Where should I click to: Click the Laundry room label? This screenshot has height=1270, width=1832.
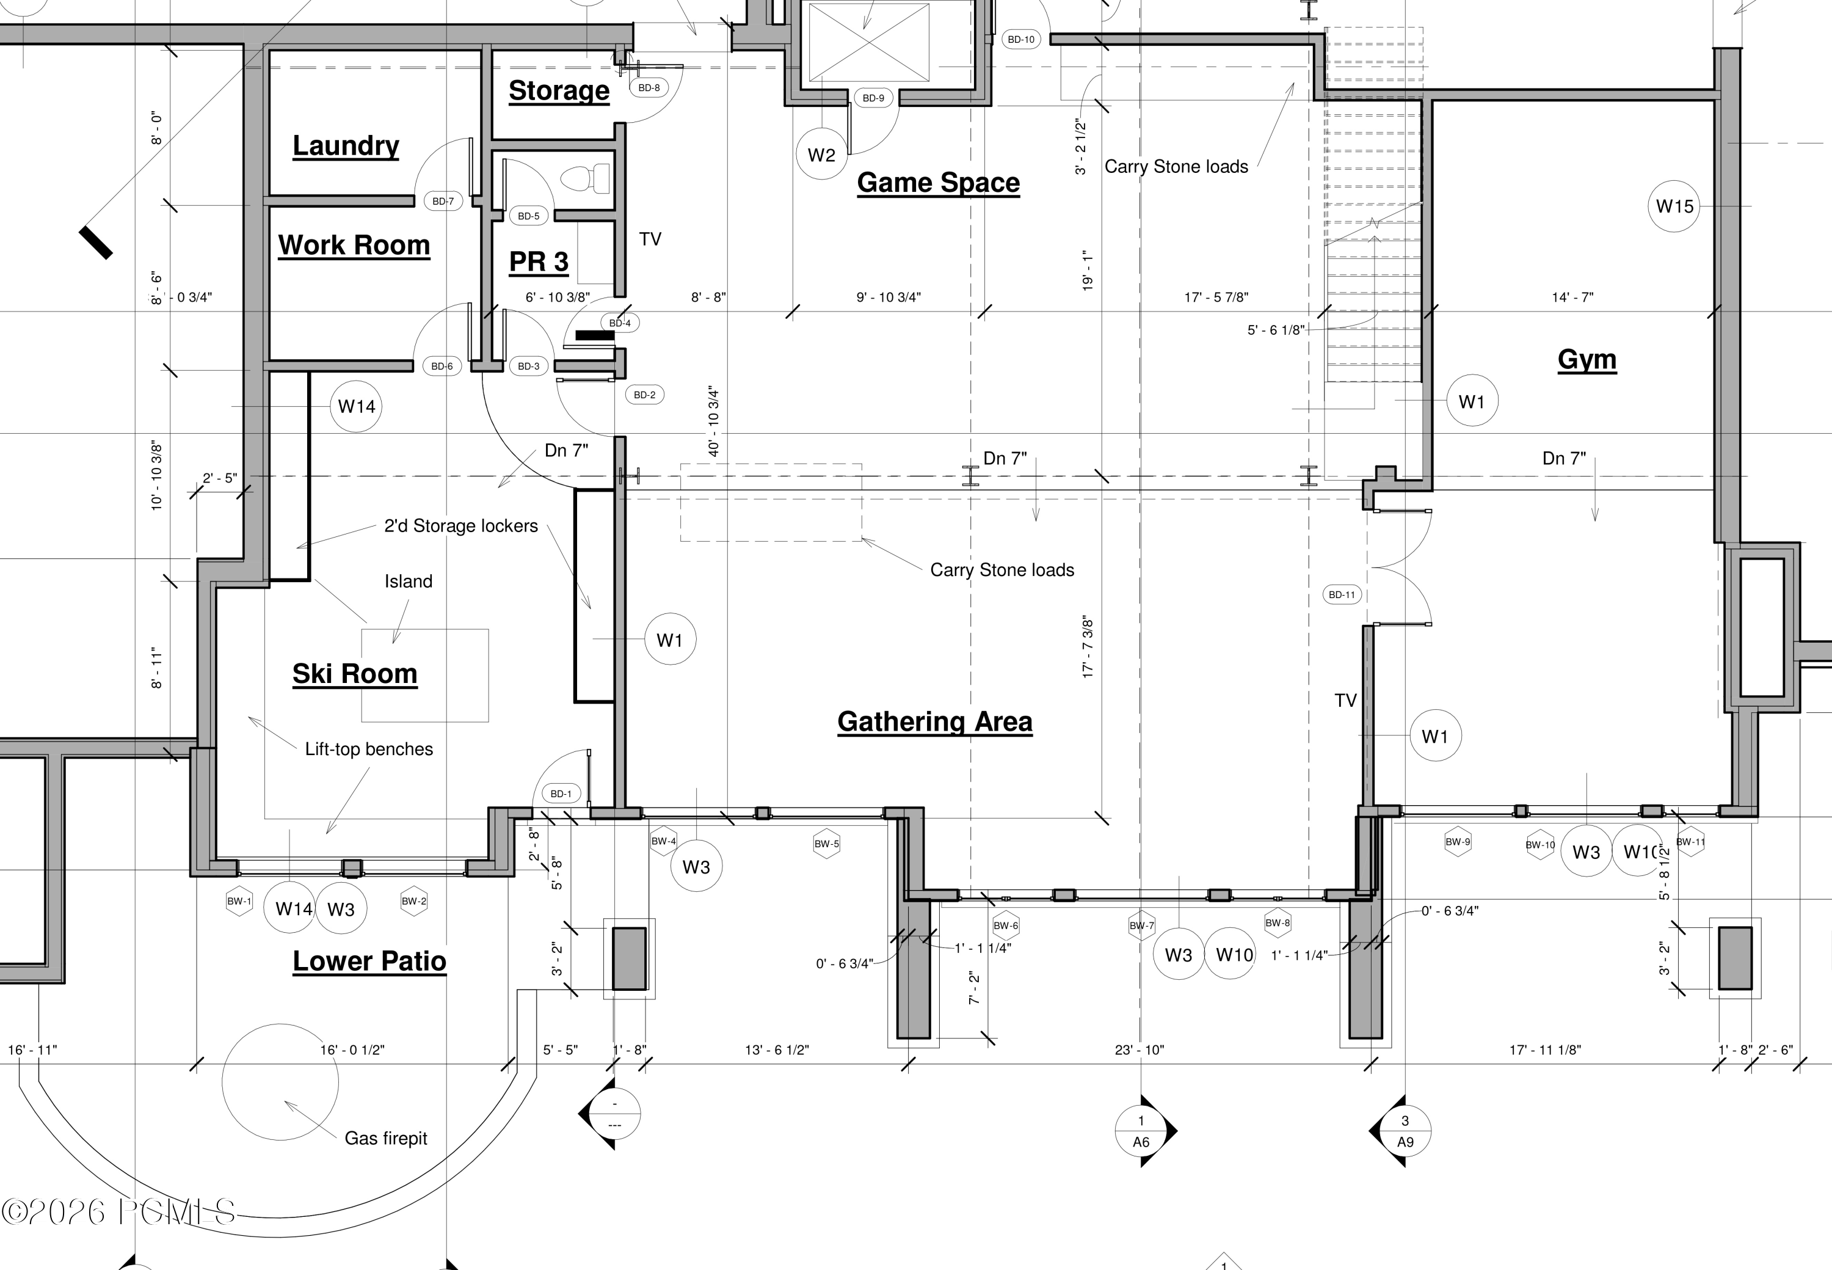[346, 145]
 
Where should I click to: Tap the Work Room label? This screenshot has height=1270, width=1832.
[354, 245]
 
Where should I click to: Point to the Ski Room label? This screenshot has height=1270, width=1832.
[355, 674]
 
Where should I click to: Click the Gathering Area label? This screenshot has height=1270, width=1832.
[935, 721]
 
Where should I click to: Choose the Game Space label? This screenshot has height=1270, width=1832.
[939, 183]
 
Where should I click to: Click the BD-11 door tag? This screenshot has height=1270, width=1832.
[1342, 594]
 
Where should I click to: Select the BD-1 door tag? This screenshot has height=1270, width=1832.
[561, 794]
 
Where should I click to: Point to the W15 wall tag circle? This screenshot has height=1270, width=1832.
[1674, 206]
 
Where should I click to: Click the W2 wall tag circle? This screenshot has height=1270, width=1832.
[822, 155]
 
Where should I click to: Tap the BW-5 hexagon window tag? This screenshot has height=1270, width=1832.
[826, 844]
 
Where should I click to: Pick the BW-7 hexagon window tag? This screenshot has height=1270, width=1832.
[1141, 925]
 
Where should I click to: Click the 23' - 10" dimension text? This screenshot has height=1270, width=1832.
[1139, 1050]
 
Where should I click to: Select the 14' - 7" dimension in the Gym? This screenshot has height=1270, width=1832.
[1572, 297]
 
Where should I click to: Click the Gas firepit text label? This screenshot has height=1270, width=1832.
[386, 1139]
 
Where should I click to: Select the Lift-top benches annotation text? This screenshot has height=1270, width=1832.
[369, 750]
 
